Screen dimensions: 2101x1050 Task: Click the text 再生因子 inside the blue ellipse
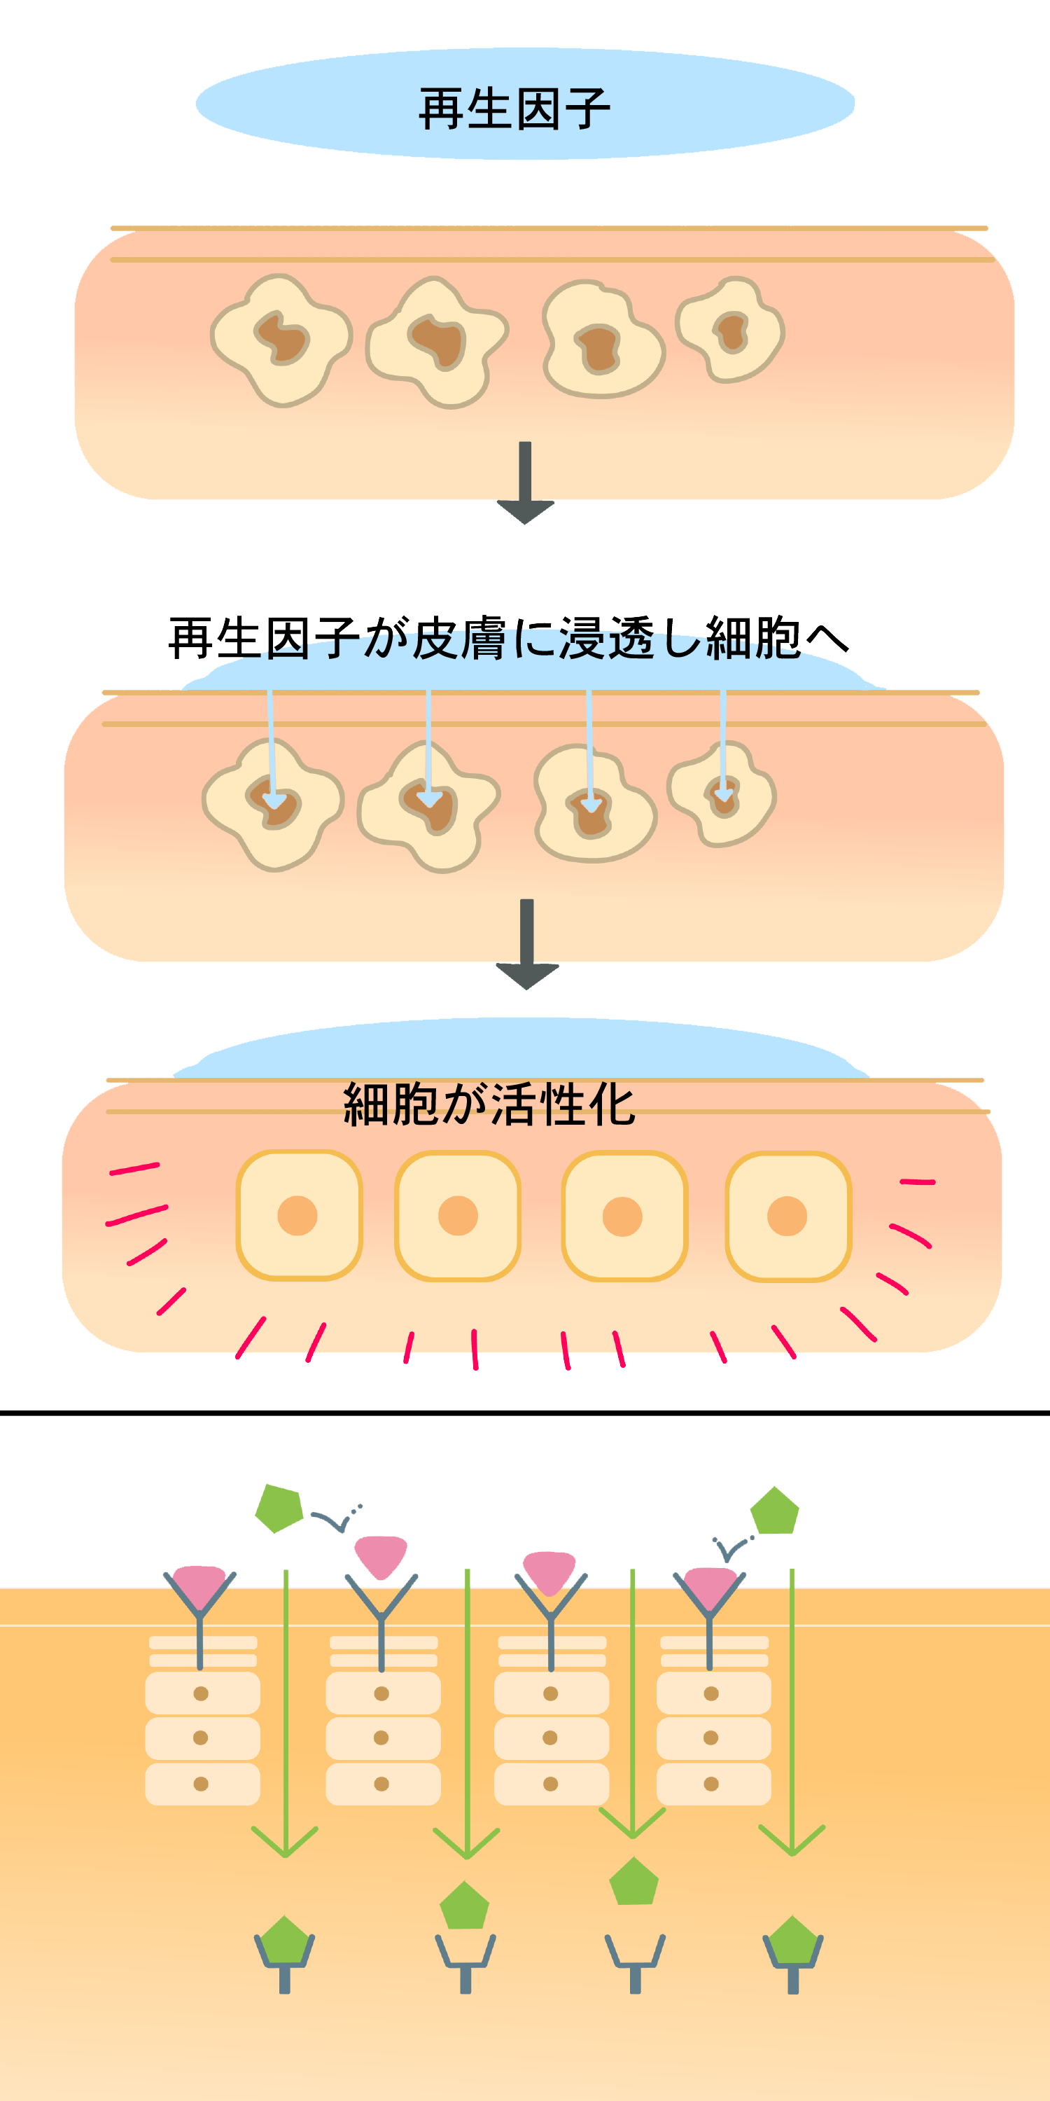(x=514, y=109)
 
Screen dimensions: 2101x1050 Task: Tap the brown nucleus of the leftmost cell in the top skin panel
(x=282, y=336)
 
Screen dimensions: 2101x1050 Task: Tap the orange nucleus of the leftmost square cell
(x=297, y=1216)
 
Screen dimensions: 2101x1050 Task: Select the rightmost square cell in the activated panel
(x=788, y=1216)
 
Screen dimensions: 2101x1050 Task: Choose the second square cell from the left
(x=458, y=1216)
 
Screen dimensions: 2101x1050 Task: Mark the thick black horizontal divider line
(x=525, y=1412)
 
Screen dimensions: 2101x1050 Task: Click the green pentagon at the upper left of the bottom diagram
(x=279, y=1508)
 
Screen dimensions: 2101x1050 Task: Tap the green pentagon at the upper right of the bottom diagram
(x=774, y=1511)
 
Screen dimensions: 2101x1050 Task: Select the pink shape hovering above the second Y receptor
(x=381, y=1555)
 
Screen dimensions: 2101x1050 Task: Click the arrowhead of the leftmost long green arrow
(x=286, y=1845)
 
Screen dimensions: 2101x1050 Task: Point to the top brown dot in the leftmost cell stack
(x=200, y=1694)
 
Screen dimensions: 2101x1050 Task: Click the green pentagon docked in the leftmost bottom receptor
(x=283, y=1941)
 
